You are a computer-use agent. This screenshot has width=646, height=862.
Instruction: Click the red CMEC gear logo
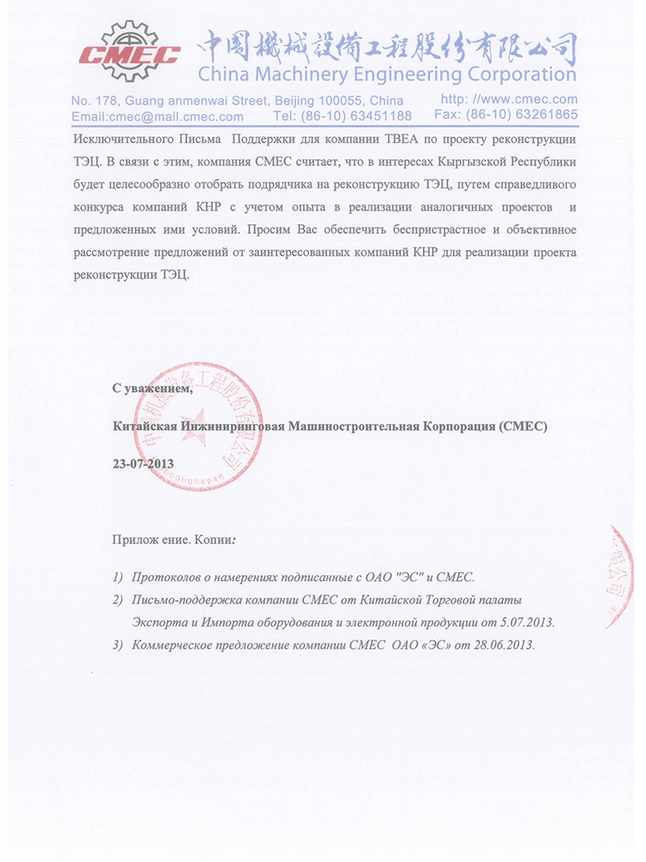(129, 52)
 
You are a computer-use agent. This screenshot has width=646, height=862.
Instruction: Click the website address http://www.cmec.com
(509, 100)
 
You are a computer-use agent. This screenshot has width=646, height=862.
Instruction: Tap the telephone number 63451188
(378, 116)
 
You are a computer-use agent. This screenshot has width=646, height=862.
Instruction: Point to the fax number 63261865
(544, 115)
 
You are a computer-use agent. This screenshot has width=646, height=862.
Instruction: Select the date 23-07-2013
(143, 464)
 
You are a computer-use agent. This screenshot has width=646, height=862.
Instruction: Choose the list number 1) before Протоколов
(118, 576)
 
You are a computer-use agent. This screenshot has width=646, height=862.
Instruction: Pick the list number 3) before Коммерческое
(118, 646)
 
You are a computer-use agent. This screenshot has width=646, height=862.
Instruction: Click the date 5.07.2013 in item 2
(525, 622)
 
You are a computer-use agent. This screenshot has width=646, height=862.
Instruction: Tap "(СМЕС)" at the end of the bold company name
(522, 426)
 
